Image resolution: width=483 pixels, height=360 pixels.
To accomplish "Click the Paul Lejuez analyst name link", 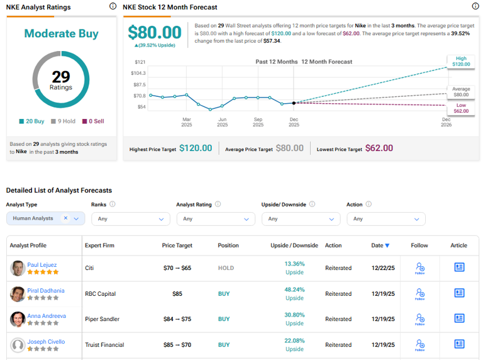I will point(43,265).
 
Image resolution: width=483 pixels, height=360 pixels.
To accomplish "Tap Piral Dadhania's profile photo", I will point(18,294).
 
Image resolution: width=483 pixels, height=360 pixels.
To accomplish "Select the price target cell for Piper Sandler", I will point(177,319).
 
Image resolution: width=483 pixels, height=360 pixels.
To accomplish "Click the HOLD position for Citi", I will point(226,268).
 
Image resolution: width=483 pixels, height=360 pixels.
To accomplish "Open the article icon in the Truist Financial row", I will point(459,344).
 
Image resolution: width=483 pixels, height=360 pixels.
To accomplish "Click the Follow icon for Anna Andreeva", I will point(419,318).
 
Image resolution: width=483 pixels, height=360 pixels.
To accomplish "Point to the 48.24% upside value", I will point(294,290).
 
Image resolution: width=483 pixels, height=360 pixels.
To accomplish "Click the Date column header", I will point(380,245).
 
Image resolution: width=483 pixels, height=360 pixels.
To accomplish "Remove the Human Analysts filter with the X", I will point(65,218).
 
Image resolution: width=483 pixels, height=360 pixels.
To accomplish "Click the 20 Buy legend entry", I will point(31,121).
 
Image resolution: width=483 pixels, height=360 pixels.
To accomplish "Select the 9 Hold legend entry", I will point(62,121).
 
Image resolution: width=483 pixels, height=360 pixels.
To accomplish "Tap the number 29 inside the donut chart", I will point(61,77).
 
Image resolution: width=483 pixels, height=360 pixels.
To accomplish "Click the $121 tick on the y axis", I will point(140,62).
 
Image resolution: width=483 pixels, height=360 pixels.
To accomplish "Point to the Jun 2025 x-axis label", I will point(222,121).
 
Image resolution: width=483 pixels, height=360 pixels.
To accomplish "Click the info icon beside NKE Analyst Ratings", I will point(113,6).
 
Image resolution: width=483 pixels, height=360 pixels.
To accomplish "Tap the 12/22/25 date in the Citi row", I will point(383,268).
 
